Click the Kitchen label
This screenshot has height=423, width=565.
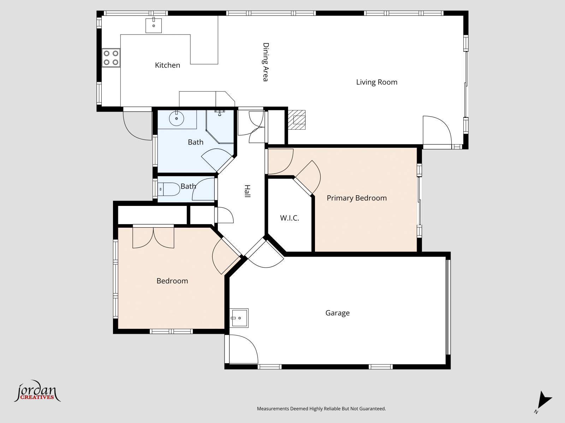click(167, 65)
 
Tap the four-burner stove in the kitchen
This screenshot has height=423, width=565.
click(111, 58)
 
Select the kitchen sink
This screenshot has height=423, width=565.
click(154, 25)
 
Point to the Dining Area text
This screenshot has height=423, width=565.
click(266, 62)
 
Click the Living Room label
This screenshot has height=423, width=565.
click(376, 82)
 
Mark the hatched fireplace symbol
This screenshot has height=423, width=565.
click(297, 120)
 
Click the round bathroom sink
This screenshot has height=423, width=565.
click(176, 118)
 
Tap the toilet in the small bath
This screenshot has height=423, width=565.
click(168, 189)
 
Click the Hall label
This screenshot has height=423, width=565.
click(248, 191)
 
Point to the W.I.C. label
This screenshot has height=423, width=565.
click(290, 218)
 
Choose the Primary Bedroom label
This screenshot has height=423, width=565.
click(357, 198)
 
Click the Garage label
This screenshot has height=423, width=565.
click(338, 313)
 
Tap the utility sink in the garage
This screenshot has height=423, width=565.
click(239, 318)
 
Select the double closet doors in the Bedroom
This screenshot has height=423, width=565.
click(153, 238)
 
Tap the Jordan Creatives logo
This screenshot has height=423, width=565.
click(37, 391)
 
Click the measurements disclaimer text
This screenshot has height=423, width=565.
click(321, 409)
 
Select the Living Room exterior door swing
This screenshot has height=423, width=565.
click(437, 132)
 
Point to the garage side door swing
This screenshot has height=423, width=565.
click(244, 349)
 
